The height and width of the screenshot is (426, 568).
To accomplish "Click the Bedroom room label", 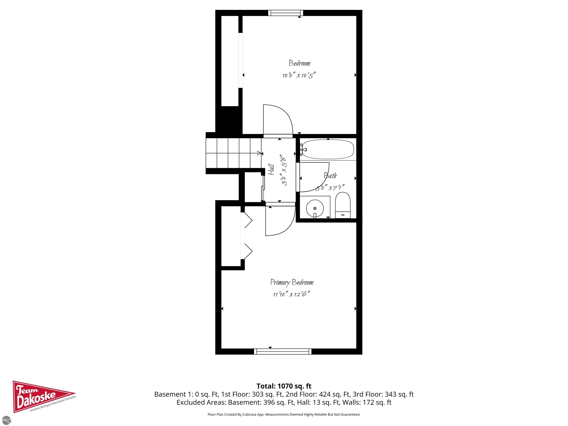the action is click(x=299, y=63).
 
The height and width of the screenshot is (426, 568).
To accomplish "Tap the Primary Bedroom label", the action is click(x=292, y=283).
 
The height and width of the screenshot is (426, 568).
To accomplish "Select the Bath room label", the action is click(x=330, y=176).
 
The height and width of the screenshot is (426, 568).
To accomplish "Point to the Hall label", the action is click(x=271, y=170).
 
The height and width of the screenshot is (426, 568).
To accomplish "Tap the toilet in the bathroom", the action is click(x=343, y=205).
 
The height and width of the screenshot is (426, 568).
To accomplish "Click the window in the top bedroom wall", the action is click(x=285, y=13).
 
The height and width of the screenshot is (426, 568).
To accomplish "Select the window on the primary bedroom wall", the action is click(x=283, y=351).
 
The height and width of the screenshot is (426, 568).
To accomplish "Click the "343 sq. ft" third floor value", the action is click(x=399, y=394).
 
